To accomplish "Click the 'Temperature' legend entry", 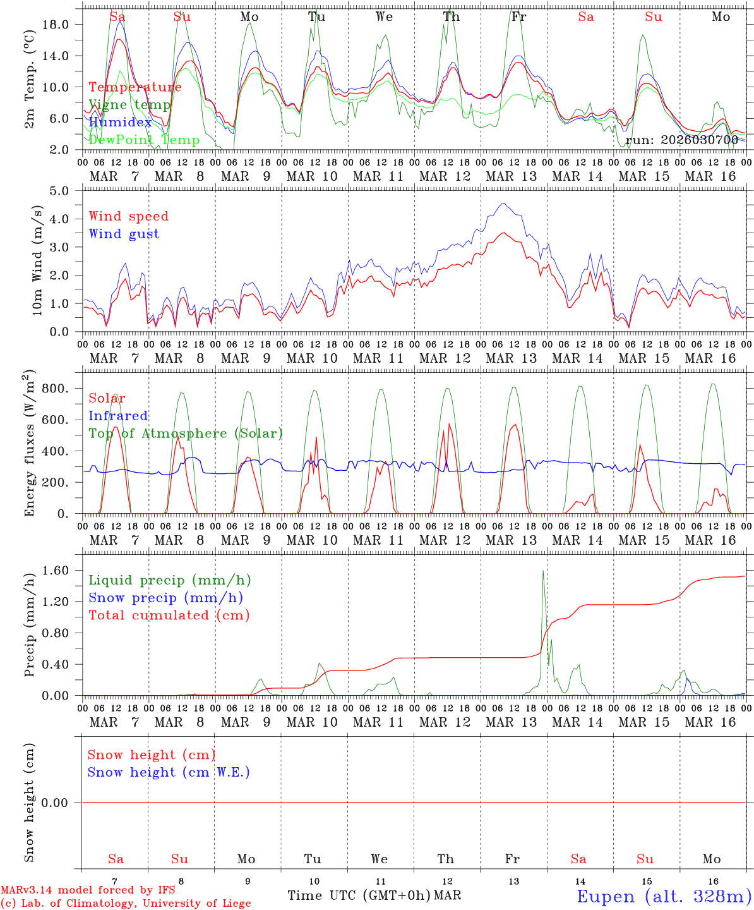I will coord(135,87).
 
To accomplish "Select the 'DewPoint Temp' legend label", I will coord(144,140).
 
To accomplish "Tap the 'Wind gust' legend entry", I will coord(124,234).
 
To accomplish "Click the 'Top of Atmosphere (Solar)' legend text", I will coord(185,434).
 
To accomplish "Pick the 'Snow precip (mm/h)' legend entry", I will coord(165,598).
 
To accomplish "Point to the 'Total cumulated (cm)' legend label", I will coord(169,615).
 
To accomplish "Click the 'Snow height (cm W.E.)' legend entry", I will coord(168,772).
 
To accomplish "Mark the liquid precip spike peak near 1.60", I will coord(543,571).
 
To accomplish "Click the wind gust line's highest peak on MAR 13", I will coord(503,203).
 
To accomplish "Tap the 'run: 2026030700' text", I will coord(681,140).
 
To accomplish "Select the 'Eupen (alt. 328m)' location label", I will coord(663,896).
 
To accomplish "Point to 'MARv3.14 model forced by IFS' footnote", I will coord(88,890).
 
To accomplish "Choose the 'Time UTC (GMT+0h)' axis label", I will coord(359,895).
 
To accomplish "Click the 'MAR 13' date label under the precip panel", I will coord(511,722).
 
